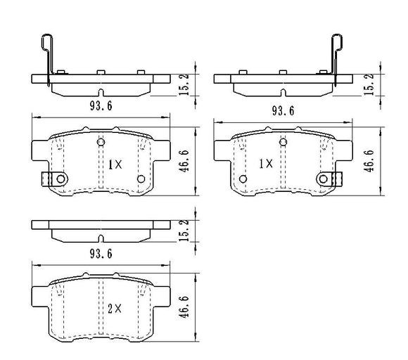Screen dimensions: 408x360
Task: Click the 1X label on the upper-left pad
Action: [115, 165]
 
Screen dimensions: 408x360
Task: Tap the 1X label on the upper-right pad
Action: [266, 164]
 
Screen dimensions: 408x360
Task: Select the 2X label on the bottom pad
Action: [115, 309]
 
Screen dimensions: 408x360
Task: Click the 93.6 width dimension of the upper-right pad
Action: [283, 111]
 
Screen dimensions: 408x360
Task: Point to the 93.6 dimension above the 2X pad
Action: [101, 254]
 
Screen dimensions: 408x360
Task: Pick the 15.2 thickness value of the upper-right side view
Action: [369, 84]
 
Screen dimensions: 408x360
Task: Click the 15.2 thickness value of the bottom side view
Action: [184, 230]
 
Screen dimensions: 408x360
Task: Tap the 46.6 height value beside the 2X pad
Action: [184, 307]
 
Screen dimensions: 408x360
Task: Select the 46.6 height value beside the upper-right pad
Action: [369, 161]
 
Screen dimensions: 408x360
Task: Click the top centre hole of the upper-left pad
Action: [101, 142]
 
